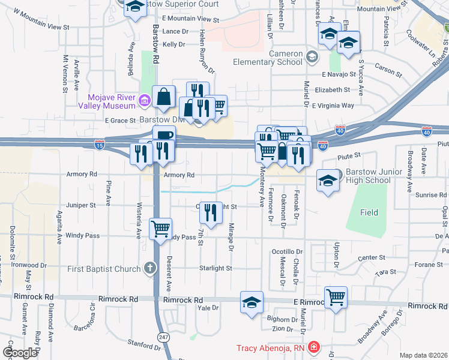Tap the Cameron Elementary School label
277,58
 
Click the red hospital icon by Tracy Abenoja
313,347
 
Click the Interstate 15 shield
100,145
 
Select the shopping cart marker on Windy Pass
161,229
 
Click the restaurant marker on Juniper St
210,211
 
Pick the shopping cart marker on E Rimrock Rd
336,296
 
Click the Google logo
20,353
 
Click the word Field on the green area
369,212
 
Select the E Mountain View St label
190,19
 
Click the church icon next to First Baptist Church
149,268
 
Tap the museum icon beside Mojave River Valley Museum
144,101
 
